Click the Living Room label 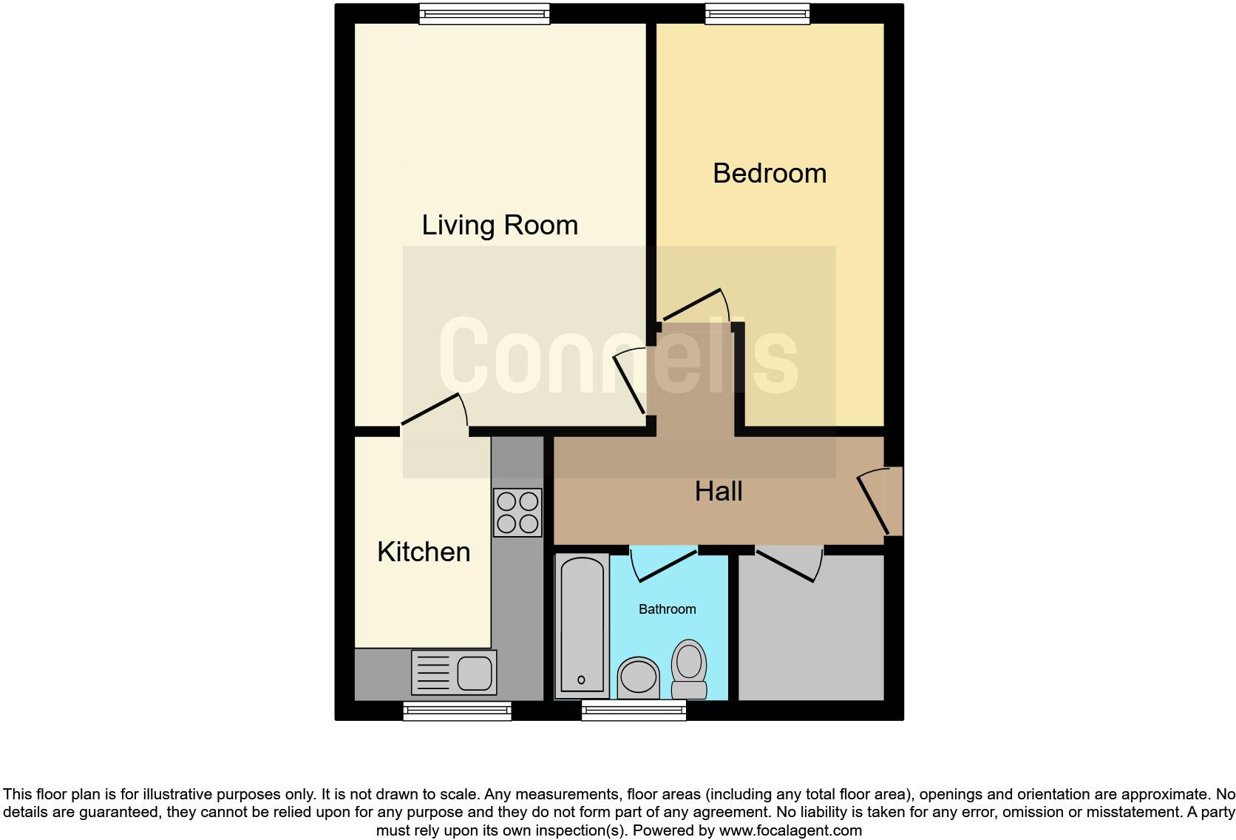(500, 225)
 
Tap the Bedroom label (770, 173)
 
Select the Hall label (719, 491)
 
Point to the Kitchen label (424, 552)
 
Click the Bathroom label (667, 609)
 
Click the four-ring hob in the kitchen (517, 512)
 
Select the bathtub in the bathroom (581, 626)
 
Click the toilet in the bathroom (689, 668)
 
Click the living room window (485, 13)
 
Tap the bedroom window (757, 13)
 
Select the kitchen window (457, 711)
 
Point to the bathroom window (634, 711)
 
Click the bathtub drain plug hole (581, 680)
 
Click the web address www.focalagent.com (790, 830)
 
